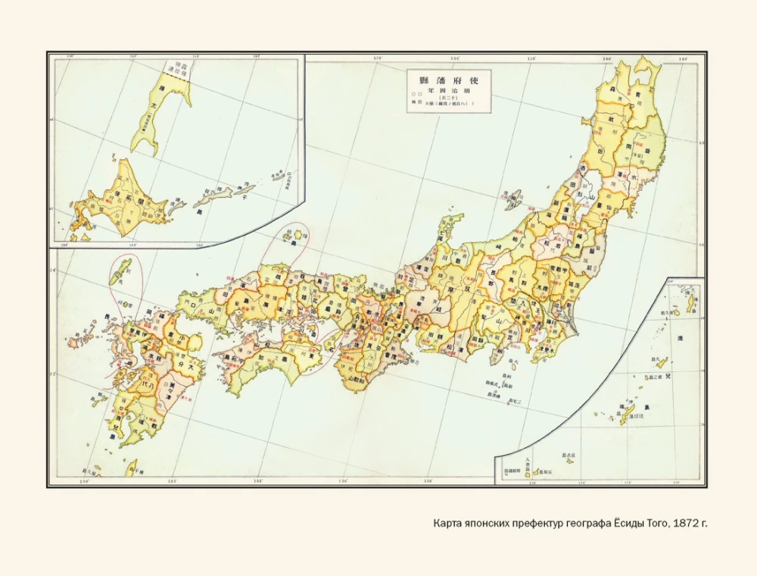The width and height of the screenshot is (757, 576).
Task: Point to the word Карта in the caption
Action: click(449, 523)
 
